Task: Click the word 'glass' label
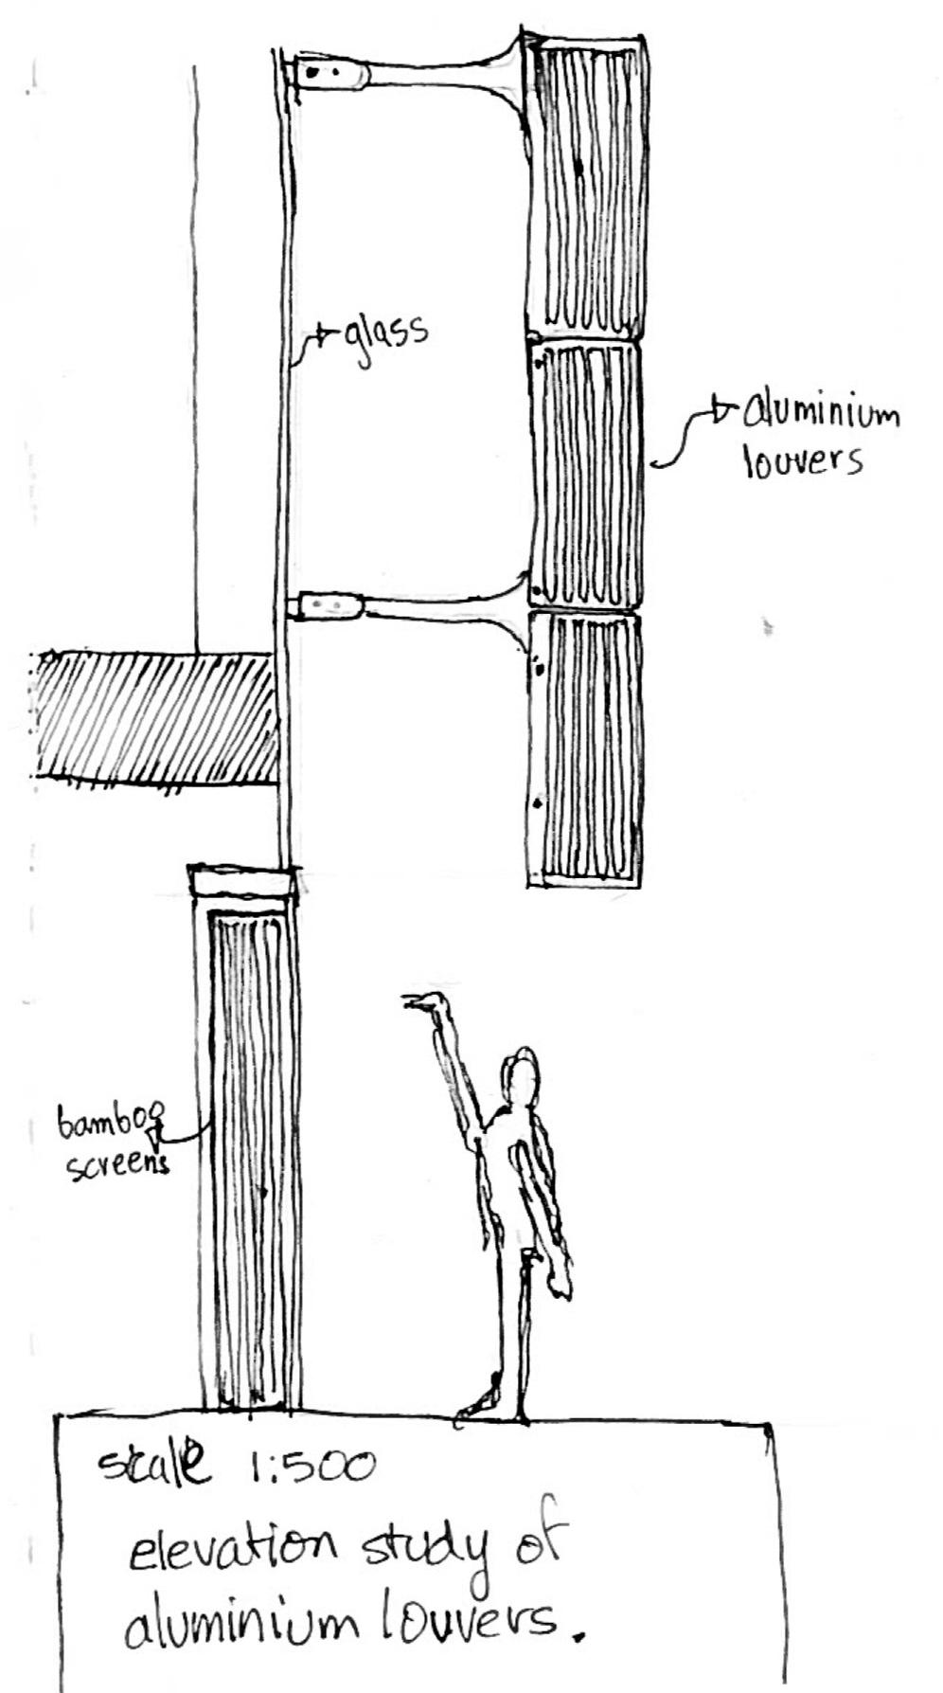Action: pos(384,334)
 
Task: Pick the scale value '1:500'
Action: pos(312,1468)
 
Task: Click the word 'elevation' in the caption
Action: pos(233,1551)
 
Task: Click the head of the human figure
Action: pos(520,1074)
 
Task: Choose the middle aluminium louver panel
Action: pos(584,474)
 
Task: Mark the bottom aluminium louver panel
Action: pos(584,748)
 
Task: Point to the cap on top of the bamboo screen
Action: pos(241,881)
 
